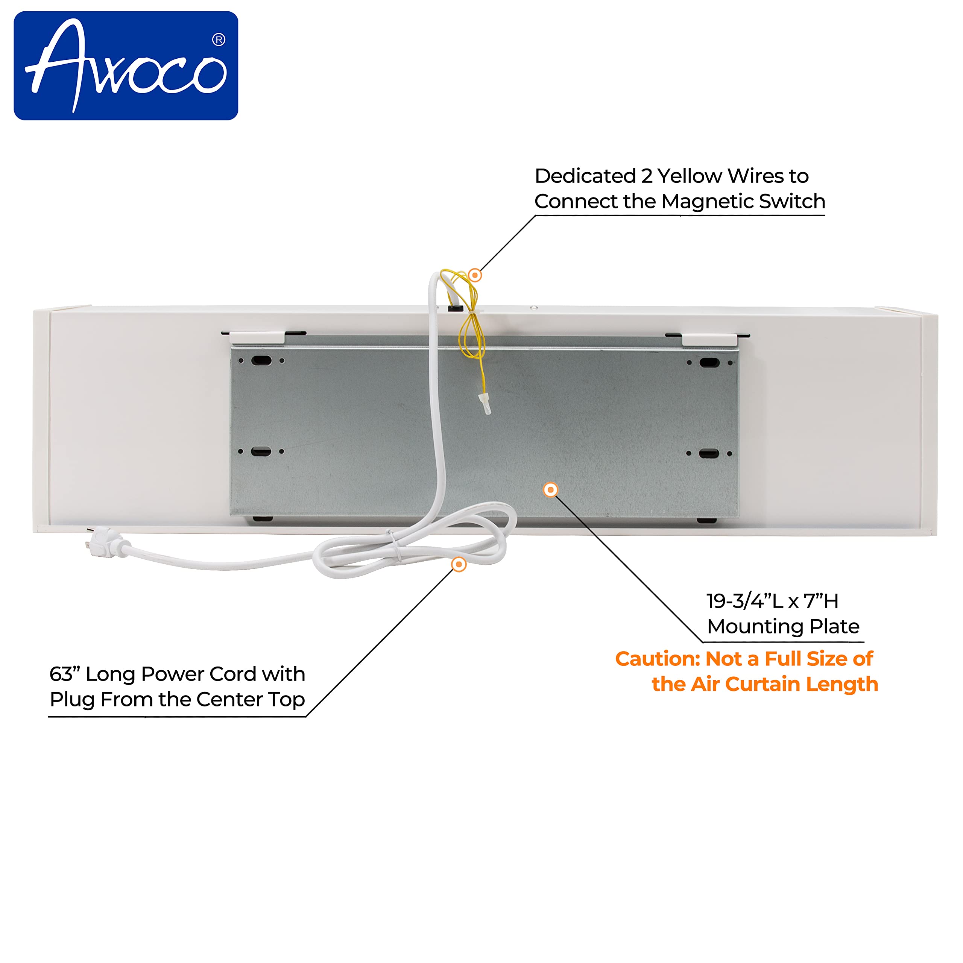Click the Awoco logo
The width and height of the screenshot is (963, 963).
point(126,66)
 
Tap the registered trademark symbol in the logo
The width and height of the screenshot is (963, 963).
point(218,40)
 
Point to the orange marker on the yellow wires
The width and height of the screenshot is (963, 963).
point(475,275)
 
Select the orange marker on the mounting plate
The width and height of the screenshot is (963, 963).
point(550,490)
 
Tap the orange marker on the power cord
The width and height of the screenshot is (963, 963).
point(459,564)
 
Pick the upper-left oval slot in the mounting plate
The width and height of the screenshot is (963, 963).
point(261,360)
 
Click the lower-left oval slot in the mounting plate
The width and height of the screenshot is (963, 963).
point(261,451)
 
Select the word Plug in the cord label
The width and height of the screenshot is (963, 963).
point(72,700)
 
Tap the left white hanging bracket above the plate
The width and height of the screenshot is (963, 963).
point(257,337)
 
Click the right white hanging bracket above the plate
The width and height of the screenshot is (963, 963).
point(709,339)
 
